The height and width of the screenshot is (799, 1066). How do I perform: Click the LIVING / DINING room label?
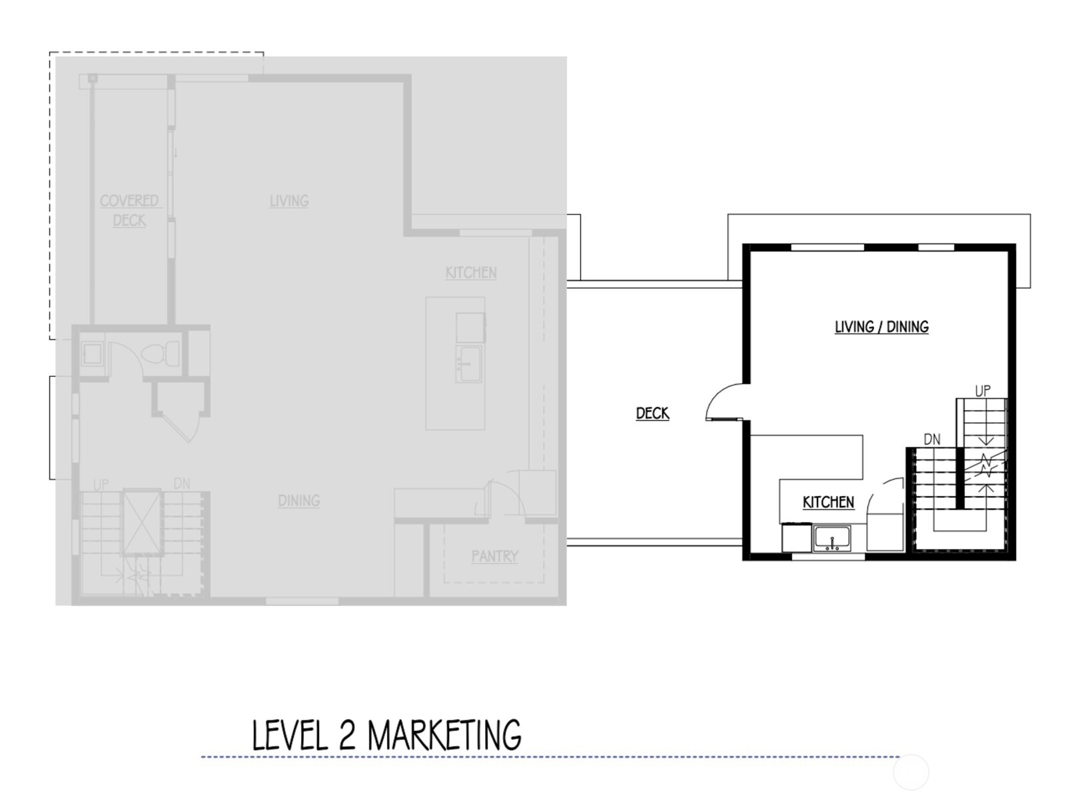[881, 327]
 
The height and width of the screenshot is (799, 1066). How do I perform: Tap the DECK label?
[652, 413]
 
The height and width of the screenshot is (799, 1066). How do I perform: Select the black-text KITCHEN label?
[828, 502]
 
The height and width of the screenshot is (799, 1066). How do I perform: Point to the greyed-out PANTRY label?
[494, 556]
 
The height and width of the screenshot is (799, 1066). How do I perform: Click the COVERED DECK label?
[129, 210]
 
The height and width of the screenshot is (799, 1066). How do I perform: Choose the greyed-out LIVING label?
[289, 200]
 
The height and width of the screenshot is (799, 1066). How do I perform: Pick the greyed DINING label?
[298, 501]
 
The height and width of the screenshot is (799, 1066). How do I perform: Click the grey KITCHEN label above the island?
[471, 272]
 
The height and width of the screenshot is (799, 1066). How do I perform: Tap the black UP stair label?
[983, 391]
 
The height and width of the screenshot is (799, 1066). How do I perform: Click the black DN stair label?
[932, 439]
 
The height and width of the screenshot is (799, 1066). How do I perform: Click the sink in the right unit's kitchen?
[831, 537]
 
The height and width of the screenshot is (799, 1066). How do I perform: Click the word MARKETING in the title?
[444, 735]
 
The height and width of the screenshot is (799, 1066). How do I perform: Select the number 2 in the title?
[346, 735]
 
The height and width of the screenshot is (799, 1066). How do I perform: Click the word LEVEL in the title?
[290, 735]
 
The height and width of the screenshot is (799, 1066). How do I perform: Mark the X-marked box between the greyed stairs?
[143, 523]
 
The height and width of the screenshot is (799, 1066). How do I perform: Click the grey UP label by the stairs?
[101, 485]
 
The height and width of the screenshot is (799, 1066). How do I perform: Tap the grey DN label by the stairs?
[181, 483]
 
